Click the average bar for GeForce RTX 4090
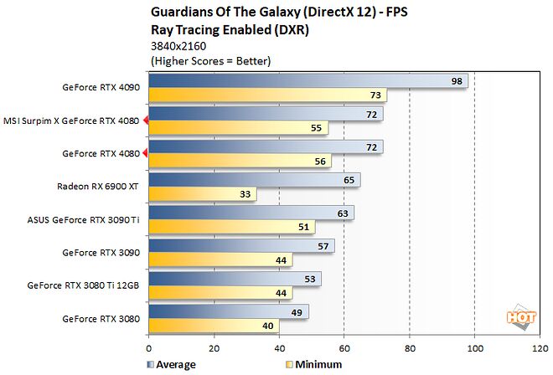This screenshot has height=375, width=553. coord(308,81)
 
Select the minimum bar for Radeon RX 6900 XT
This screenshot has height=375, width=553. coord(202,194)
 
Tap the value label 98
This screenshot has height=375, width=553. coord(457,81)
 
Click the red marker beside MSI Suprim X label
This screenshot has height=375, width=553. coord(146,121)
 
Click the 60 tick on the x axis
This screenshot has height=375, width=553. coord(344,347)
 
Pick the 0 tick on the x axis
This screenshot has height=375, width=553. coord(149,347)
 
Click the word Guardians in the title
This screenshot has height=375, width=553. coord(179,12)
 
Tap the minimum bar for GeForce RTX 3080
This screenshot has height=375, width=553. coord(214,326)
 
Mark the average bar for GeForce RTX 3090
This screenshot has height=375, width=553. coord(241,245)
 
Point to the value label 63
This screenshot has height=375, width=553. coord(344,213)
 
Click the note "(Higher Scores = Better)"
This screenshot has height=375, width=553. coord(210,61)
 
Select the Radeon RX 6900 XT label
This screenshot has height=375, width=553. coord(99,187)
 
